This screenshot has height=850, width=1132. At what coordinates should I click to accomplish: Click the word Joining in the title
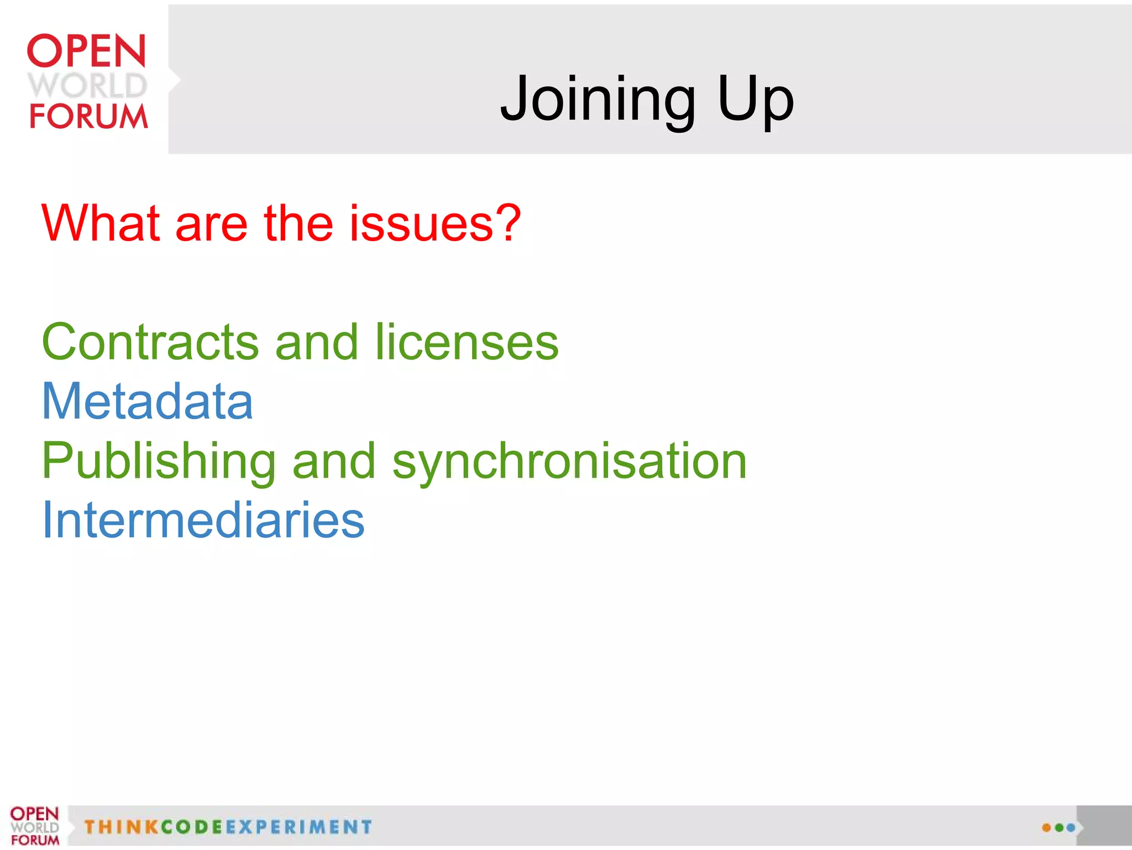click(x=597, y=100)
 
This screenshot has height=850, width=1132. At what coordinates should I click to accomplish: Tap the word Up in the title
click(x=756, y=100)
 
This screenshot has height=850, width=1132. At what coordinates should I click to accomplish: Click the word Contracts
click(x=150, y=342)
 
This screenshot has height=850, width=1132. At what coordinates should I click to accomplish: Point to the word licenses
click(x=467, y=342)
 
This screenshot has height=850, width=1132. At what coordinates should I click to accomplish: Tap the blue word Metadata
click(x=148, y=401)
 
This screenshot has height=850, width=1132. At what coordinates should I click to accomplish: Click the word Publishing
click(x=159, y=461)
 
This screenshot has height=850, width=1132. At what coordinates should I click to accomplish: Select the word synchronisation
click(x=569, y=461)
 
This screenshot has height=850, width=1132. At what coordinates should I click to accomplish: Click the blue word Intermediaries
click(x=203, y=520)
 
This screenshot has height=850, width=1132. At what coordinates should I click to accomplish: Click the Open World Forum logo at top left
click(x=87, y=81)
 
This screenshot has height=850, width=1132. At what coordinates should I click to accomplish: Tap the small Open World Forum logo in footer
click(x=34, y=826)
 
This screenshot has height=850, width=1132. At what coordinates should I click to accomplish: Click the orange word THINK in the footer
click(x=122, y=827)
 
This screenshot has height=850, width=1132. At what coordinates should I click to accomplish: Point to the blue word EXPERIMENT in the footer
click(x=298, y=827)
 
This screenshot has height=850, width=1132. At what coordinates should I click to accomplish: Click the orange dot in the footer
click(x=1046, y=828)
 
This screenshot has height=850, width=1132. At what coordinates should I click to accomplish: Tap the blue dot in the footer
click(x=1071, y=828)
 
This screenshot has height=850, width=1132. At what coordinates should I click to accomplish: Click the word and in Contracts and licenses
click(x=317, y=342)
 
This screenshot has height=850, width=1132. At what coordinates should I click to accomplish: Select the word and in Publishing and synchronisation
click(x=334, y=461)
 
